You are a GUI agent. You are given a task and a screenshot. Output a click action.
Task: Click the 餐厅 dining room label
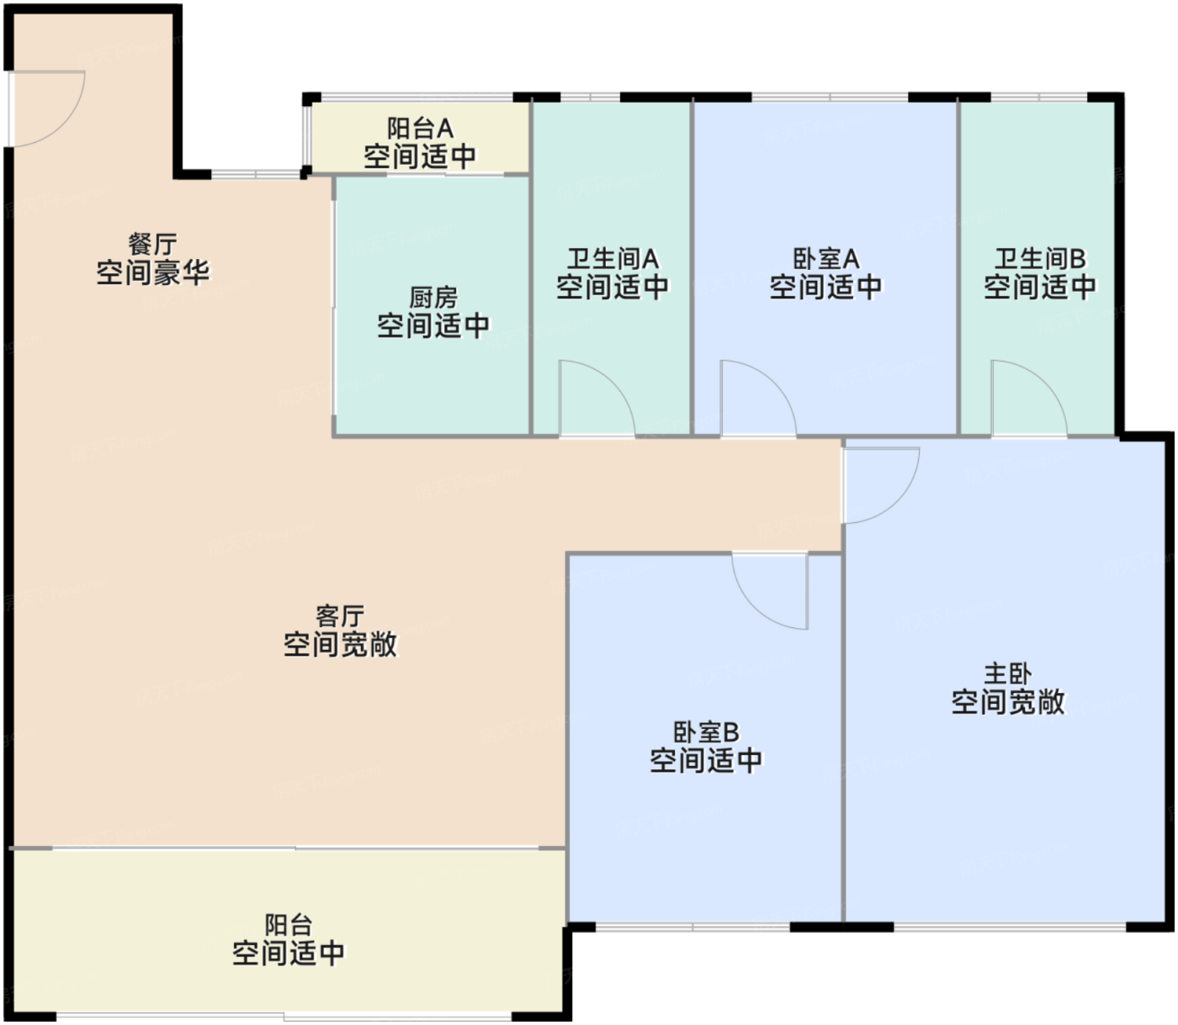coord(152,245)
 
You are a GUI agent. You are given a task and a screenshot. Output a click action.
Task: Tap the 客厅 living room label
coord(340,617)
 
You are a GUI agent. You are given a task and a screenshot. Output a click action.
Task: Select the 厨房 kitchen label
coord(433,299)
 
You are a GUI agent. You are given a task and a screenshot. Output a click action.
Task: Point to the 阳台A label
coord(421,129)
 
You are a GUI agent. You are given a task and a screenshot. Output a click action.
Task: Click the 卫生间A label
coord(613,260)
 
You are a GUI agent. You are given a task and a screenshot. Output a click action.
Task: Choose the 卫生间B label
coord(1040,260)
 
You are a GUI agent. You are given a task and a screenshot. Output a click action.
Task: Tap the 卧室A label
coord(826,260)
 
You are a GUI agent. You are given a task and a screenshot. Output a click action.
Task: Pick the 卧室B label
coord(706,732)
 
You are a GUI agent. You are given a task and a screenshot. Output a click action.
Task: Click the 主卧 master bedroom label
coord(1007,674)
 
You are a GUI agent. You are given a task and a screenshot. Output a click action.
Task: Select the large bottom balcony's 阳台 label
coord(289,926)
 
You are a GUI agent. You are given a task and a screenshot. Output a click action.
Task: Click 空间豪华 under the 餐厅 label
coord(153,272)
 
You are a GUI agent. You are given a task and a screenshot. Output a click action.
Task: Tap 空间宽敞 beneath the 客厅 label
coord(340,645)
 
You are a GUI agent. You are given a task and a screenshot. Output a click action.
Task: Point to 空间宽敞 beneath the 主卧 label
coord(1007,702)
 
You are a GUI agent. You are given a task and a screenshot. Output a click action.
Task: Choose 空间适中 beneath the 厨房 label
coord(433,326)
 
